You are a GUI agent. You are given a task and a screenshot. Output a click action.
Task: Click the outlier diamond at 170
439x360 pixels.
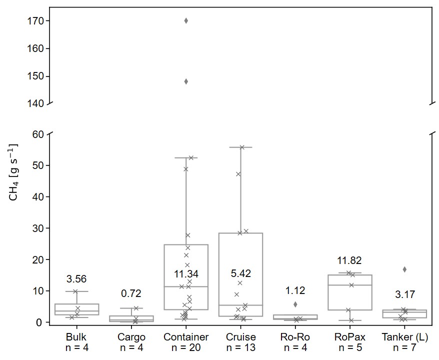coord(186,20)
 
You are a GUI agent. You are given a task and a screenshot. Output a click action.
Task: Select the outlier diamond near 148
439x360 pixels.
coord(186,81)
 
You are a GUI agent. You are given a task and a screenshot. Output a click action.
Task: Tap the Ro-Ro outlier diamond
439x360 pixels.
coord(295,304)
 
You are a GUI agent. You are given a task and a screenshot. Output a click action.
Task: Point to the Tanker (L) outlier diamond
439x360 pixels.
coord(404,269)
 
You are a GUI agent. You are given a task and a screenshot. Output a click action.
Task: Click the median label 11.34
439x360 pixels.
coord(186,274)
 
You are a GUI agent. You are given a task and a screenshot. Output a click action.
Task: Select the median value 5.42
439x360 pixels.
coord(240,273)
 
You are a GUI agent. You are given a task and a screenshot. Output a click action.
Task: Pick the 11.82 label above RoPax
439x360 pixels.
coord(349,260)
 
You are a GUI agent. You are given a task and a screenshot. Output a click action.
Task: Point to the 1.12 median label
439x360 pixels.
coord(295,290)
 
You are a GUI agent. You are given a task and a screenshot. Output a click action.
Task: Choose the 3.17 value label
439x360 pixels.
coord(404,294)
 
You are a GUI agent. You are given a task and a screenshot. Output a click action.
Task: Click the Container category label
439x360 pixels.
coord(186,337)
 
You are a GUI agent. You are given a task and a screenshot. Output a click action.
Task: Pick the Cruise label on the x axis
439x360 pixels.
coord(240,337)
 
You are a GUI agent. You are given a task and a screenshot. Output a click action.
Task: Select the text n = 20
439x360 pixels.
coord(186,347)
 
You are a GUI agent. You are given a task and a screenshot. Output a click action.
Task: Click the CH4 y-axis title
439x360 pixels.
coord(13,172)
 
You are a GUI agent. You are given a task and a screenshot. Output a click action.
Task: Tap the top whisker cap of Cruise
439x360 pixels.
coord(240,147)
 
